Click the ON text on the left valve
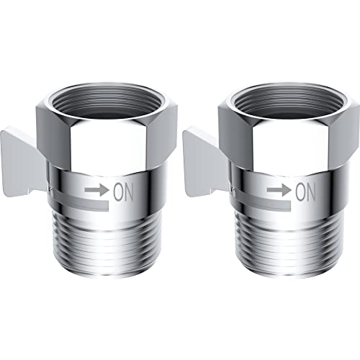click(x=123, y=192)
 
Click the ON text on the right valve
click(x=305, y=192)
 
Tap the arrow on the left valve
click(x=97, y=189)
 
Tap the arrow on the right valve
click(x=279, y=189)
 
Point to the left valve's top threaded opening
click(x=107, y=102)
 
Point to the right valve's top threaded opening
click(x=289, y=102)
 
